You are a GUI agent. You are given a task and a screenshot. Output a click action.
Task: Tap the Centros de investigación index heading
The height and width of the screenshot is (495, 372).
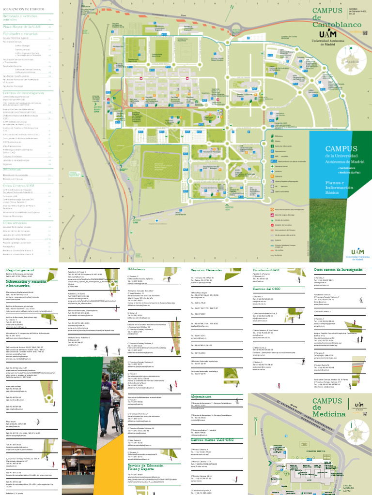[x=23, y=92]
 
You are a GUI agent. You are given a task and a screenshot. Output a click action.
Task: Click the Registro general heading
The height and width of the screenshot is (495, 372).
[x=20, y=269]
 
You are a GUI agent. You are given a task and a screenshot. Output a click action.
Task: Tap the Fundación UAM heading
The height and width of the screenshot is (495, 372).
[x=266, y=269]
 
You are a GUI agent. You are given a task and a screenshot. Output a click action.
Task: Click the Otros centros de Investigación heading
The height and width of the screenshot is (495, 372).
[x=337, y=269]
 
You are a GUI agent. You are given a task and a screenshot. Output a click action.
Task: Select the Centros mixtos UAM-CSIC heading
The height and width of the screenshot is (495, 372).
[x=212, y=440]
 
